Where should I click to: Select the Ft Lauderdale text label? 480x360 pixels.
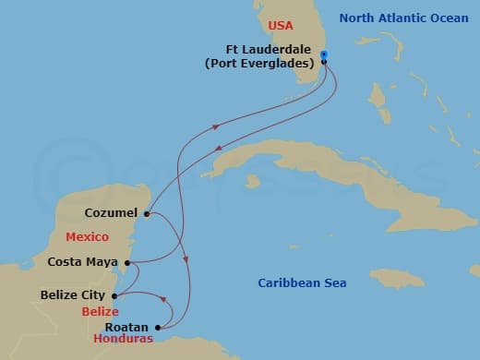pos(270,50)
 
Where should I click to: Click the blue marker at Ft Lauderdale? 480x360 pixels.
pos(324,54)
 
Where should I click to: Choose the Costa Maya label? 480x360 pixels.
pos(83,263)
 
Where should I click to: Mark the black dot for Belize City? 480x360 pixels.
pos(114,295)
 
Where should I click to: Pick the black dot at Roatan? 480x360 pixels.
pos(160,327)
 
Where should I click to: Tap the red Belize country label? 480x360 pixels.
pos(100,312)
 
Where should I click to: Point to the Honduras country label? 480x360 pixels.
pos(123,340)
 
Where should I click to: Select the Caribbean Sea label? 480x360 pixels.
pos(302,283)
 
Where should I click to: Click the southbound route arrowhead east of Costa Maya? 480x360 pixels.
pos(186,261)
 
